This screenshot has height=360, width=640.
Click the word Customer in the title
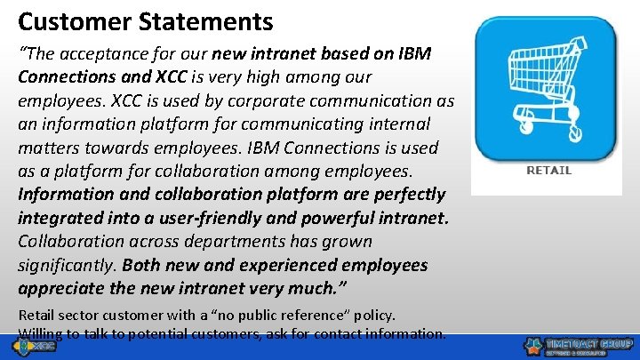(64, 20)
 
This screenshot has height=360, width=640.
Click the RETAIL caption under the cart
(548, 170)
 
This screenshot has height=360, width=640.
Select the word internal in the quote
(396, 124)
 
